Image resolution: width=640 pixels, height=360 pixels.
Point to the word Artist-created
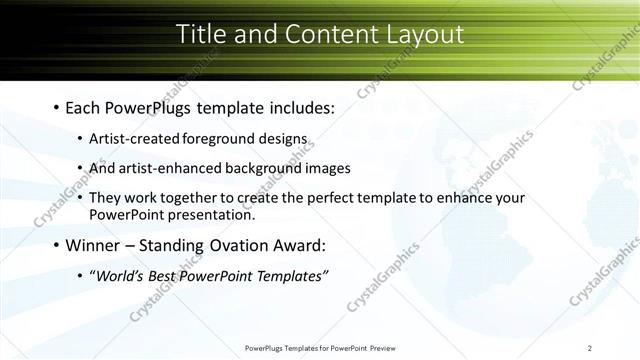coord(131,138)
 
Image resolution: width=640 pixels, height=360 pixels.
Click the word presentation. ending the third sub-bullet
coord(212,214)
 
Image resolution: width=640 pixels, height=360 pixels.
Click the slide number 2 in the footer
coord(590,348)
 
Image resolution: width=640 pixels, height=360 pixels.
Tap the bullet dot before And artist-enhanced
coord(80,168)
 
